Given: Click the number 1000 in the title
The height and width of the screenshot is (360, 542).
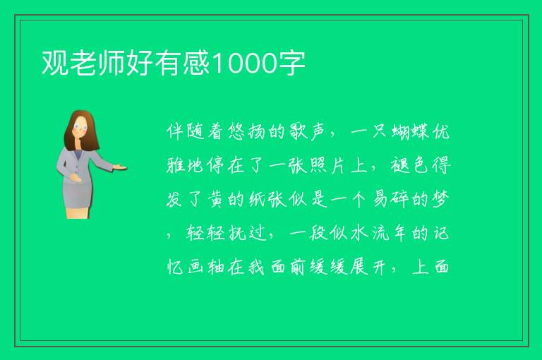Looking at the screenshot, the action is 244,64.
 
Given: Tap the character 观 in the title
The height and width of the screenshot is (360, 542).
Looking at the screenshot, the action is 55,63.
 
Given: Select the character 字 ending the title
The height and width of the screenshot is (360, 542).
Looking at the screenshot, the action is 291,63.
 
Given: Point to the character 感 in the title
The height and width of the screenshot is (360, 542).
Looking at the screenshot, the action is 197,63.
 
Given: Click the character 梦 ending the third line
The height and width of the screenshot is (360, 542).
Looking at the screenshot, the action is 440,199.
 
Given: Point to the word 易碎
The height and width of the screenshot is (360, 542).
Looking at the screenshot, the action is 391,199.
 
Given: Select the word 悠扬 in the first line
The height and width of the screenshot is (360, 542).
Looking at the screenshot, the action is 246,132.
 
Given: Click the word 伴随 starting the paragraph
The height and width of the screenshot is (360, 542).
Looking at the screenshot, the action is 186,132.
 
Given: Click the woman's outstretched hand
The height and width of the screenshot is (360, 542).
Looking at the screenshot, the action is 120,167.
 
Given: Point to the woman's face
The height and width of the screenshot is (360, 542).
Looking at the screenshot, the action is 80,128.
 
